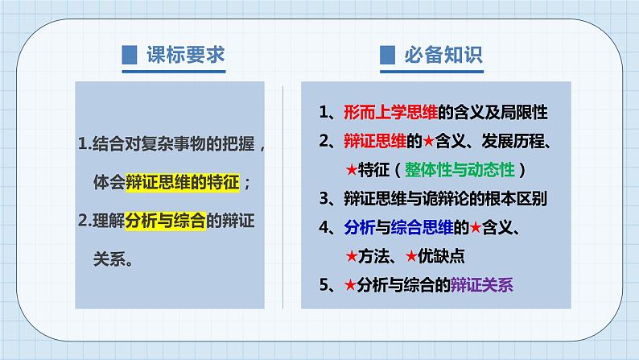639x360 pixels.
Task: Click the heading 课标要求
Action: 186,55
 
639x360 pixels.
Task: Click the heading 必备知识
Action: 443,55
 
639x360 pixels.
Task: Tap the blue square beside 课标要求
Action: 130,55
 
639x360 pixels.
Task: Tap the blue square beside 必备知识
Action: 387,55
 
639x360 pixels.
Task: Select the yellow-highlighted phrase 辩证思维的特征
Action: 182,182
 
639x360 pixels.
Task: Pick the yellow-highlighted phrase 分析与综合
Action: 165,221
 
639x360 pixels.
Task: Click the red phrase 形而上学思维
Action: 390,112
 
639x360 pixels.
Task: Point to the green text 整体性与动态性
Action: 460,170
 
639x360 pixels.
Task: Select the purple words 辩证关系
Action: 481,285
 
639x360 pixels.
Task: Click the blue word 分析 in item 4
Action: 359,227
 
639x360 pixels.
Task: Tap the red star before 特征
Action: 351,170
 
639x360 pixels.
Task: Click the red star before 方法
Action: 351,256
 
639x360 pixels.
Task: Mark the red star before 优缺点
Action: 411,256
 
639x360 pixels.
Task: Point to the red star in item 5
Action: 350,284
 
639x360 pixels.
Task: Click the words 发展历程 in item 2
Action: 513,141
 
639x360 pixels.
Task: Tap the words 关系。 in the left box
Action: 113,259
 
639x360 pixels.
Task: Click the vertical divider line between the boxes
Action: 282,197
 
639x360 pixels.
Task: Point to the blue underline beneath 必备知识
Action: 431,72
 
